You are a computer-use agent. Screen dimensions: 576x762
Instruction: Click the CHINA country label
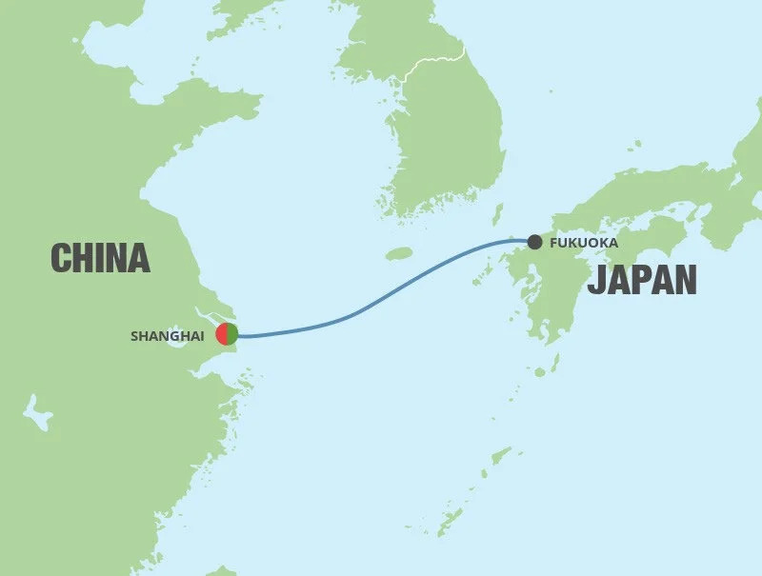100,258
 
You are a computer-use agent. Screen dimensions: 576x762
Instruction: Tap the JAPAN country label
642,280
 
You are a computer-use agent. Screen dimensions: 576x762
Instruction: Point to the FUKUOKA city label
584,243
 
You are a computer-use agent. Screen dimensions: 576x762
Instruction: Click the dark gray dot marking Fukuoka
534,242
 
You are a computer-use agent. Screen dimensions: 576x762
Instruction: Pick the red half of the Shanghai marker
221,334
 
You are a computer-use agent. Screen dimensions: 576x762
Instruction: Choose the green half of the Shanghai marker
232,334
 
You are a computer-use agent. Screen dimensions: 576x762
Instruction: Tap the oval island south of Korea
400,254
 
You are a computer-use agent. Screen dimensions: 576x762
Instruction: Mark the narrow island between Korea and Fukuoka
496,214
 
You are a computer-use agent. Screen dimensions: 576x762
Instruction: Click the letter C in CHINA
62,258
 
